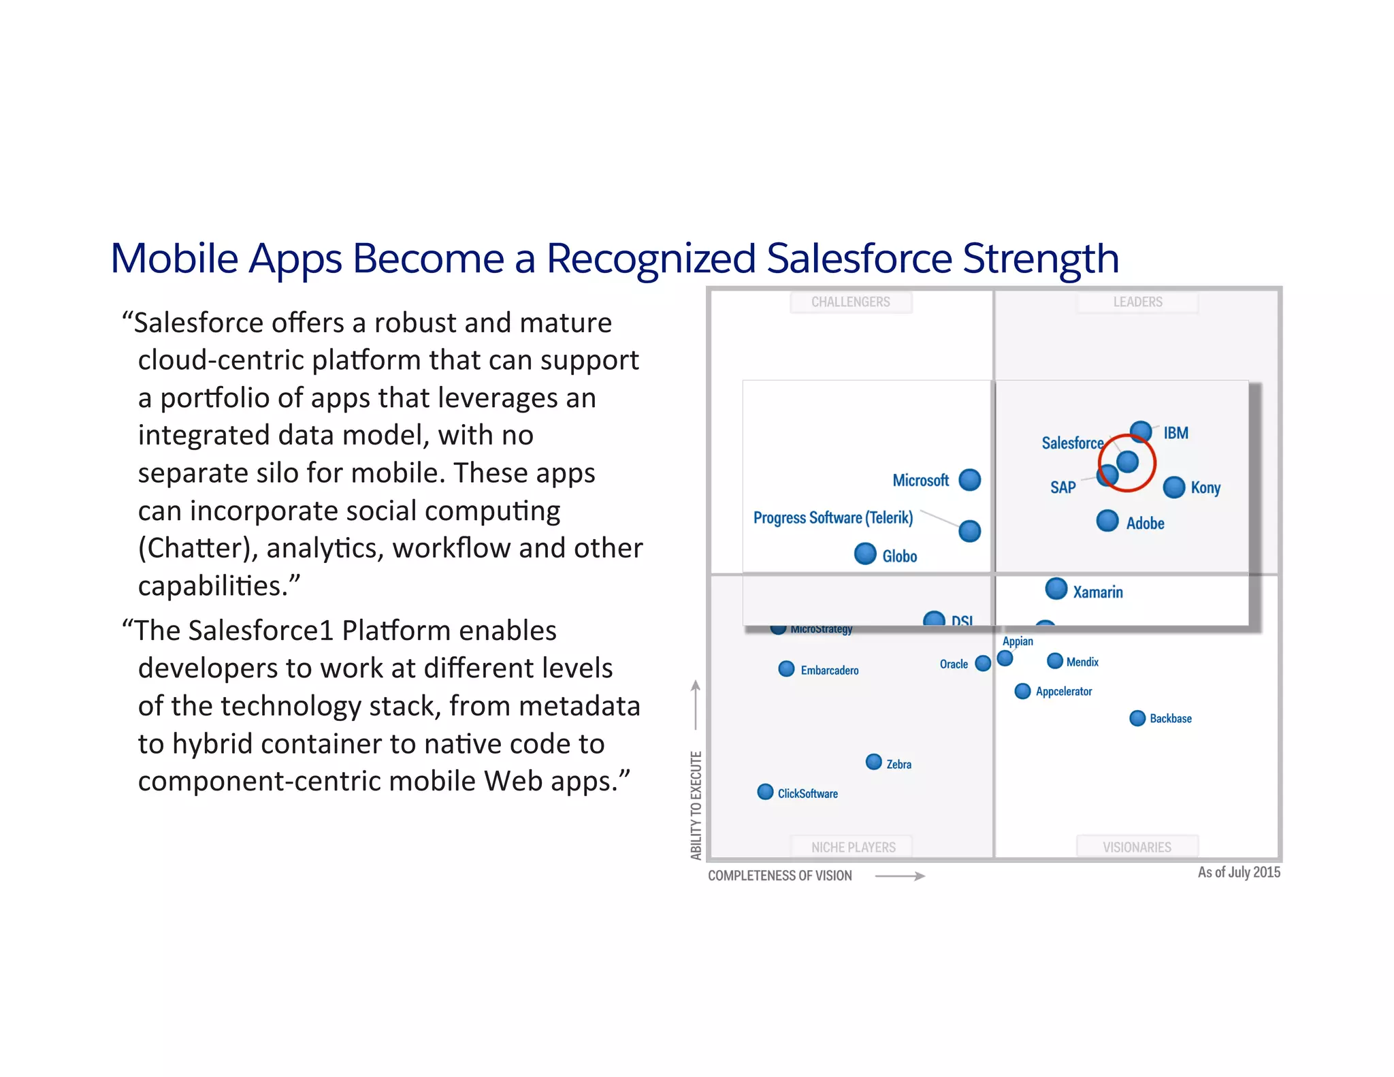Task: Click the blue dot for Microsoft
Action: [969, 480]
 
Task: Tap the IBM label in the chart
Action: [1176, 433]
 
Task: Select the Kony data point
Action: [1174, 487]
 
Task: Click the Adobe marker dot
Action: [1107, 521]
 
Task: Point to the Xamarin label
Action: [1097, 592]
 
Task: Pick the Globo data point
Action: [865, 553]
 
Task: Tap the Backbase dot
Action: [1137, 718]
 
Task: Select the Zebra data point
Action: [874, 762]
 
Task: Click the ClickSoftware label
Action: [807, 794]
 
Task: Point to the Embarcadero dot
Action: [786, 669]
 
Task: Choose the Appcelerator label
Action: [1063, 692]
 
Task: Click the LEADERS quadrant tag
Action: [1137, 302]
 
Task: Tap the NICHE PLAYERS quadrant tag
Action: [853, 847]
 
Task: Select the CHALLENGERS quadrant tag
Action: [850, 302]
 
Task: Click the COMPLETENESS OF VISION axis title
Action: [779, 875]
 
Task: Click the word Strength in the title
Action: [1041, 259]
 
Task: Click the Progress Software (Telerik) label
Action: [832, 518]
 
